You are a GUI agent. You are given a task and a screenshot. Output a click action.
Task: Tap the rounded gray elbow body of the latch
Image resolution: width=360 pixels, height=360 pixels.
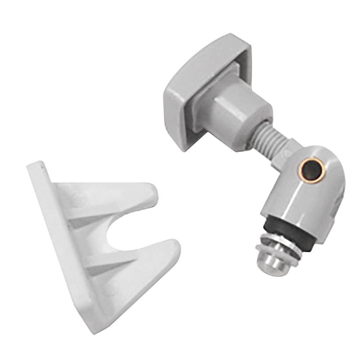point(306,194)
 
